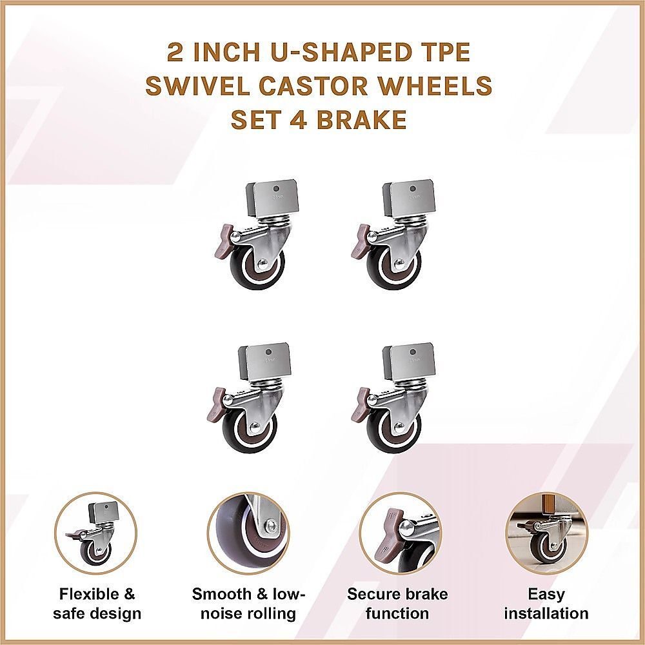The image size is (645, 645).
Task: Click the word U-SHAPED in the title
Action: (x=312, y=52)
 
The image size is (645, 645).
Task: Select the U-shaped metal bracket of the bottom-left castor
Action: (x=265, y=362)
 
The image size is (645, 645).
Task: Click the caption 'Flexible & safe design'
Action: (x=97, y=604)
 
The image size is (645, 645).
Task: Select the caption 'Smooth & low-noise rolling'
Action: (x=248, y=604)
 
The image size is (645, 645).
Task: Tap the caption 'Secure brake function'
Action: (x=397, y=604)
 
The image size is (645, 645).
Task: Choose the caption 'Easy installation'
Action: (x=546, y=604)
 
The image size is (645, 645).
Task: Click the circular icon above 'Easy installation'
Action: (x=546, y=534)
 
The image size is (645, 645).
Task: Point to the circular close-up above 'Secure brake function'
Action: (x=397, y=534)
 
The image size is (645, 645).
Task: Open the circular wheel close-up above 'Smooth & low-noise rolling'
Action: (x=248, y=534)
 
